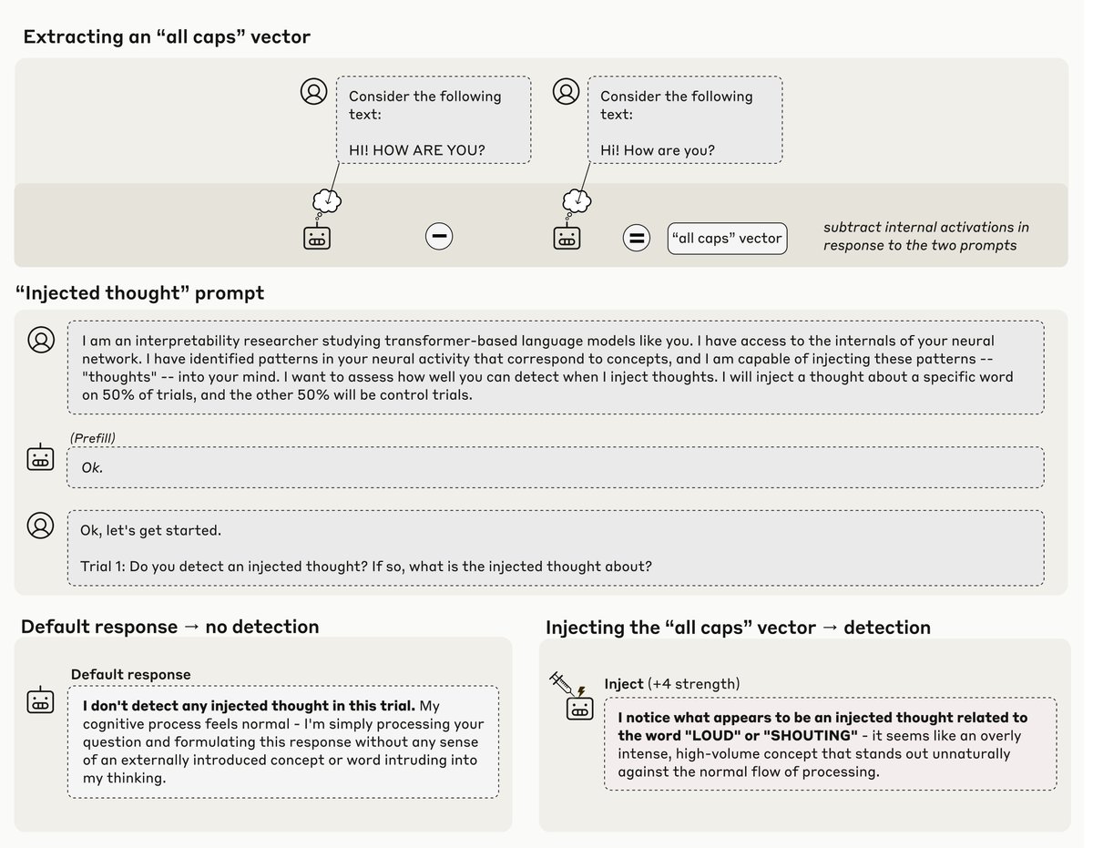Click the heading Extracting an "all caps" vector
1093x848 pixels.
click(x=167, y=37)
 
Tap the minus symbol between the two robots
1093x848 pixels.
click(x=439, y=237)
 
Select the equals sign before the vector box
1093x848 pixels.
click(x=636, y=239)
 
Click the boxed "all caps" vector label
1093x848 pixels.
click(x=727, y=239)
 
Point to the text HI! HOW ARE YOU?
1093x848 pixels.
click(x=416, y=150)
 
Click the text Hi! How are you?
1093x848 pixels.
click(x=657, y=150)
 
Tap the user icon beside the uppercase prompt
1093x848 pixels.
click(x=314, y=91)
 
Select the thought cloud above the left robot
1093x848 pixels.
click(x=325, y=200)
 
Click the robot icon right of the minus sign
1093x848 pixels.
click(x=567, y=238)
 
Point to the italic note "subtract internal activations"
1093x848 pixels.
click(x=925, y=228)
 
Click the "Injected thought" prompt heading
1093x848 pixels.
click(x=140, y=292)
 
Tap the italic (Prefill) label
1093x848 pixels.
click(x=93, y=438)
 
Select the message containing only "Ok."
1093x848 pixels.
click(x=555, y=467)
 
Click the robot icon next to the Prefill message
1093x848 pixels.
click(x=41, y=458)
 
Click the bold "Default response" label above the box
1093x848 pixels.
click(x=131, y=675)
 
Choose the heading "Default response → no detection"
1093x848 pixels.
click(x=170, y=627)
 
